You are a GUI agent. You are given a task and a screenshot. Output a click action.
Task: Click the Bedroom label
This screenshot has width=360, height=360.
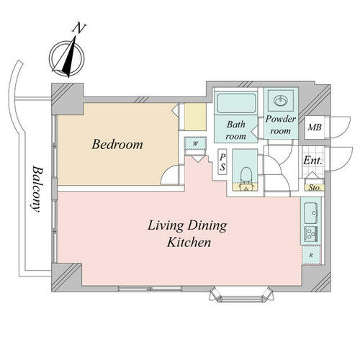(x=117, y=145)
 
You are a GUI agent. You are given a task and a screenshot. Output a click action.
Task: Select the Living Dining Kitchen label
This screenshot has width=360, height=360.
(x=187, y=233)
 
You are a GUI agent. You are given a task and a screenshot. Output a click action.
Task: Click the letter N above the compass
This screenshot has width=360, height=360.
(x=79, y=28)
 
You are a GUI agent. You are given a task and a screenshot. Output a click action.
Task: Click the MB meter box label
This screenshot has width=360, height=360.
(x=315, y=127)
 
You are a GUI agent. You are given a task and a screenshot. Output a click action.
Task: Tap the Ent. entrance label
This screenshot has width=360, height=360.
(x=312, y=161)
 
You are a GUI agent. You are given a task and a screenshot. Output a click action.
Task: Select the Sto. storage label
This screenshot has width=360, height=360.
(x=315, y=188)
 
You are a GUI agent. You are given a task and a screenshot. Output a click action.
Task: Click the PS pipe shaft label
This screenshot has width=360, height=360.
(x=222, y=162)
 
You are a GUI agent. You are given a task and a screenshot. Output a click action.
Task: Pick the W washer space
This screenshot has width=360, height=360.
(x=195, y=143)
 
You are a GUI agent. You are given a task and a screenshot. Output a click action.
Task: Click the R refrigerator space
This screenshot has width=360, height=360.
(x=311, y=255)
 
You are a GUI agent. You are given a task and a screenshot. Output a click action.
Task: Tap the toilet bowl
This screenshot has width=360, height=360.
(x=246, y=175)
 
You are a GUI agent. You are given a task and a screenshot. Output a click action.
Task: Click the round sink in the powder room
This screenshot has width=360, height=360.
(x=280, y=101)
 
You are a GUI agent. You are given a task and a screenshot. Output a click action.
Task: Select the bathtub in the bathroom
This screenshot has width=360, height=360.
(x=237, y=103)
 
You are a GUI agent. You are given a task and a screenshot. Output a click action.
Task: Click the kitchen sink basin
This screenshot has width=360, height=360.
(x=311, y=213)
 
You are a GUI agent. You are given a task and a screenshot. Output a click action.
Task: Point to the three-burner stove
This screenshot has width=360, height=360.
(x=311, y=234)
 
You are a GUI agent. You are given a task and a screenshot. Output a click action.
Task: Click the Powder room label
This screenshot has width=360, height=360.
(x=281, y=125)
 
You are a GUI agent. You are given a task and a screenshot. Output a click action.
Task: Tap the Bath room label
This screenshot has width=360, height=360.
(x=236, y=130)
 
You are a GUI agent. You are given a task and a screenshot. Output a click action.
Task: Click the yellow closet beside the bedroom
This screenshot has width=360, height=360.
(x=195, y=117)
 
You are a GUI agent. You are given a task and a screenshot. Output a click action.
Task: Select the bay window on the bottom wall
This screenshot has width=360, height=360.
(x=242, y=294)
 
